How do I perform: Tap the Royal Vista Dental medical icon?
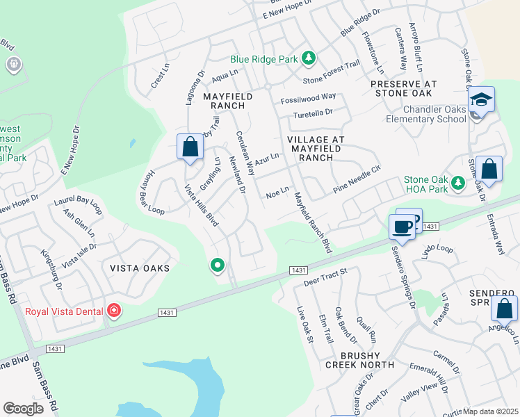[113, 311]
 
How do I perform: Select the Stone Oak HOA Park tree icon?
[457, 183]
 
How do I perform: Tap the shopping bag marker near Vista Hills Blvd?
[189, 147]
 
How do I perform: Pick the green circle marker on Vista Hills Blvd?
[218, 265]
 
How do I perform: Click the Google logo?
[23, 409]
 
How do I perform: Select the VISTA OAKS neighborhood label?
[140, 268]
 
